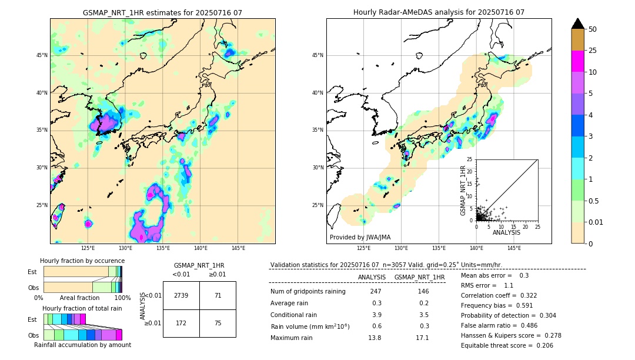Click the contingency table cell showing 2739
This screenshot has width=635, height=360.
181,295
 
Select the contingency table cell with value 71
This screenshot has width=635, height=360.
218,295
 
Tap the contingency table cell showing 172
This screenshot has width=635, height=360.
181,323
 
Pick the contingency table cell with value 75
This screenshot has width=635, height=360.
218,323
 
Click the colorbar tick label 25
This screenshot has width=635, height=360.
593,51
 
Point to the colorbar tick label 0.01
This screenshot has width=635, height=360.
596,222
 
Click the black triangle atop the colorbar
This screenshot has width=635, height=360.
578,24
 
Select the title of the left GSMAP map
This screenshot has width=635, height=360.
162,12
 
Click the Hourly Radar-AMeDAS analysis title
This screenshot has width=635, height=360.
439,12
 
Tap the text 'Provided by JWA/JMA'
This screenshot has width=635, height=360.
360,237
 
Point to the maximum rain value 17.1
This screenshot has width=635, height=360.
422,338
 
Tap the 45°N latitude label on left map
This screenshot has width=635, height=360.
42,55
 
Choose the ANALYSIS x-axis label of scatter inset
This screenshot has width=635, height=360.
506,233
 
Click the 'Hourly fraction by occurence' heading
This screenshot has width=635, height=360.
82,261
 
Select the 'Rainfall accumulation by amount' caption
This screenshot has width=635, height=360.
82,345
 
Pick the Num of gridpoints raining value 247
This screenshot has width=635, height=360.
376,291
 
